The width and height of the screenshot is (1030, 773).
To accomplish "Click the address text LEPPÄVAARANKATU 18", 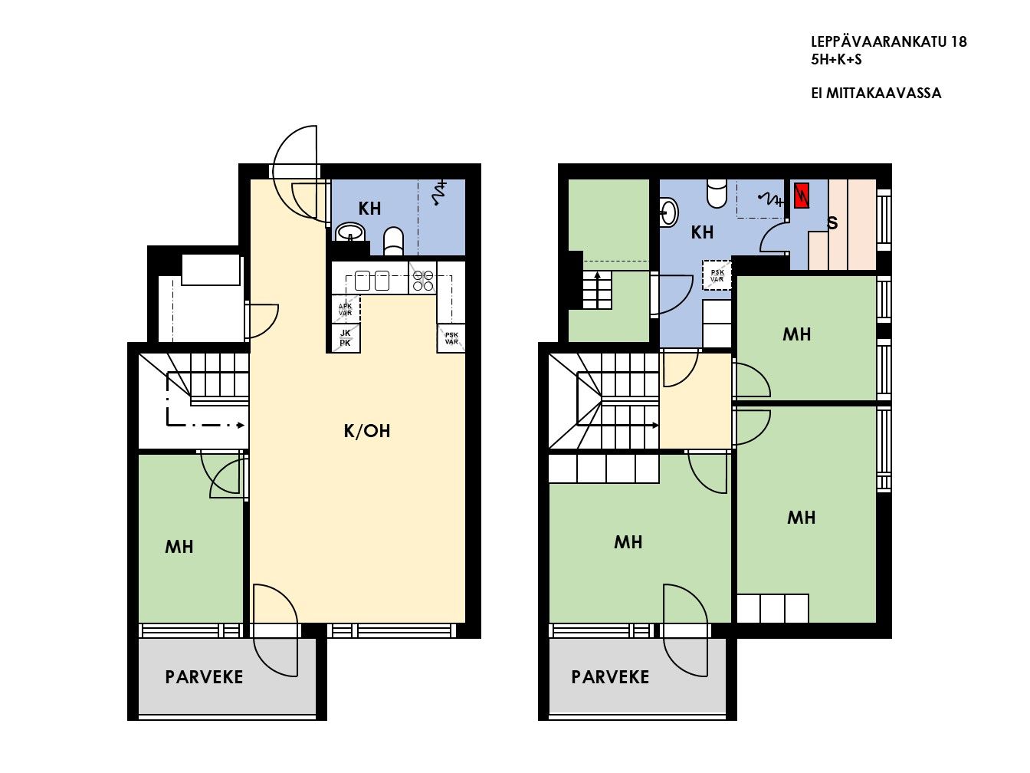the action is tap(889, 41).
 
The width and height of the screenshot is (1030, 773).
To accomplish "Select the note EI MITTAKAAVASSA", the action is tap(876, 93).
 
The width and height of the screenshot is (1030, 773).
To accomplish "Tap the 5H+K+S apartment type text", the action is tap(836, 60).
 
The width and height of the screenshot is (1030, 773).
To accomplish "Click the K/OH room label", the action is tap(367, 431).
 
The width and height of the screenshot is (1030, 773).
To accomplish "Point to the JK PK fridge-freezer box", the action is tap(346, 338).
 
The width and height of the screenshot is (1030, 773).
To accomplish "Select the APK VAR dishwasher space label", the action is tap(346, 309).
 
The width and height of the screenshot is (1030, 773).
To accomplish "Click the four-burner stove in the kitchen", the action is tap(422, 281).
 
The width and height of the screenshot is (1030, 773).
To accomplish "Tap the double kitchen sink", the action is tap(372, 281).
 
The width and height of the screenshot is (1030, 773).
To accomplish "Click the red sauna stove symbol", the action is tap(802, 196).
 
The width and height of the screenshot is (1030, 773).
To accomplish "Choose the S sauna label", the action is tap(832, 223).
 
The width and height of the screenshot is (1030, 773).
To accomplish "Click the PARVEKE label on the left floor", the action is tap(204, 677).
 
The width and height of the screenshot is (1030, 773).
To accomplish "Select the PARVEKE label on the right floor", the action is tap(610, 677).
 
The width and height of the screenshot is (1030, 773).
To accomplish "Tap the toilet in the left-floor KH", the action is tap(393, 242).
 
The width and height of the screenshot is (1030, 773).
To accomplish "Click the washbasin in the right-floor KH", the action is tap(669, 212).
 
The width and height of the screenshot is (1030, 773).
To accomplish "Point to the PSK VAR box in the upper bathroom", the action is tap(717, 275).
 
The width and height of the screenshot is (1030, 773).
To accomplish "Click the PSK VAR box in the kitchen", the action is tap(451, 338).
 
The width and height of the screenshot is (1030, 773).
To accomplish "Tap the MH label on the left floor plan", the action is tap(179, 546).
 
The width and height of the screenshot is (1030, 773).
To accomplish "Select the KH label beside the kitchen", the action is tap(369, 209).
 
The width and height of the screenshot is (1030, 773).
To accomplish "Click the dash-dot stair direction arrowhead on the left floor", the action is tap(241, 425).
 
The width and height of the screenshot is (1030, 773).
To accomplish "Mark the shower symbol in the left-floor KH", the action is tap(440, 193).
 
